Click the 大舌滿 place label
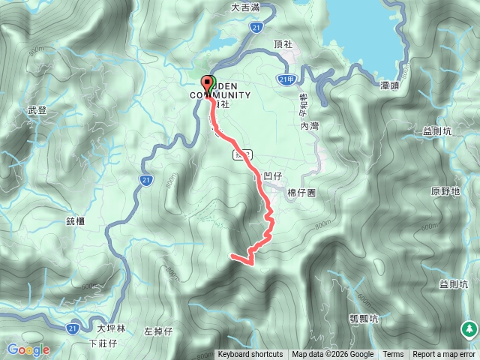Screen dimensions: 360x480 pos(246,8)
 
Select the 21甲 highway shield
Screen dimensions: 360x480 pos(285,79)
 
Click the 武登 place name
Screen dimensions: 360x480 pos(37,110)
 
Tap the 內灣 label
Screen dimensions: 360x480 pos(310,127)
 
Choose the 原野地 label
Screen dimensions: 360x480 pos(445,191)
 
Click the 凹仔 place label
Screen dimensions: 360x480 pos(272,175)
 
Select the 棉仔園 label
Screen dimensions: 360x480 pos(302,193)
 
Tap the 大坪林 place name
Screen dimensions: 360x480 pos(111,328)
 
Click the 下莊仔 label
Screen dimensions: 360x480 pos(103,343)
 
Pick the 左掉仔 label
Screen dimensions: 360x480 pos(158,331)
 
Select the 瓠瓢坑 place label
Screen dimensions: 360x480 pos(364,317)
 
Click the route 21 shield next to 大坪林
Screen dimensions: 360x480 pos(72,328)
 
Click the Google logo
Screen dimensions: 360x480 pos(28,349)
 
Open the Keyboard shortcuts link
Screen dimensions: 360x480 pos(250,355)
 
